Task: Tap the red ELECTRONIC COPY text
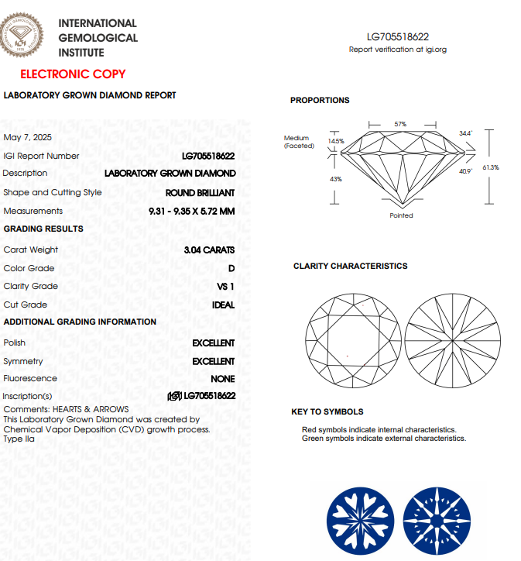[73, 74]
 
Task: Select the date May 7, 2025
[28, 137]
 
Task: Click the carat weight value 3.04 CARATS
[209, 250]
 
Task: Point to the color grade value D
[231, 268]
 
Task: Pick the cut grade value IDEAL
[223, 305]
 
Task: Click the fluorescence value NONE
[222, 379]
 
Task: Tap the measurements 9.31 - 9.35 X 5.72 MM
[191, 211]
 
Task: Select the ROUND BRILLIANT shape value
[200, 192]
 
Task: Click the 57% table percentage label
[400, 124]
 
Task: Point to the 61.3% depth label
[490, 167]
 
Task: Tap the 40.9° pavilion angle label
[465, 171]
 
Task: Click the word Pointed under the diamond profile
[401, 215]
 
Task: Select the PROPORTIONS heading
[320, 100]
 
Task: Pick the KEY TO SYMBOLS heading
[327, 411]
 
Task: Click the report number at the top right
[398, 36]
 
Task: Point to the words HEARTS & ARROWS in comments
[91, 409]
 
